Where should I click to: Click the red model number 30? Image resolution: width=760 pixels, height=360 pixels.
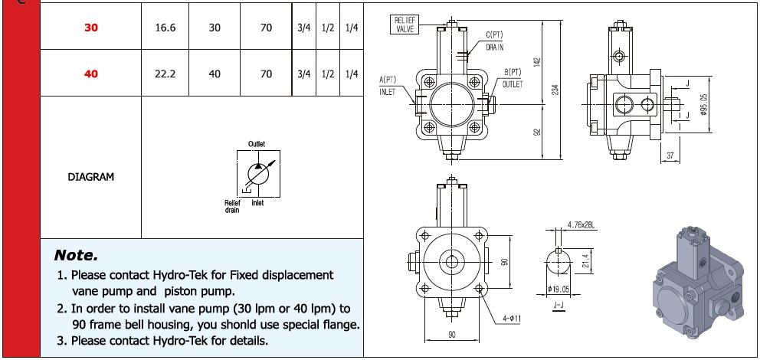(x=91, y=28)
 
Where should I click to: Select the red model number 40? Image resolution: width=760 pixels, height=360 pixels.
(x=91, y=74)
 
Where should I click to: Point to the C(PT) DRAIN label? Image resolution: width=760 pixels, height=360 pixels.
(x=494, y=41)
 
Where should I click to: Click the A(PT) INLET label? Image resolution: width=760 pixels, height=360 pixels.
(x=388, y=85)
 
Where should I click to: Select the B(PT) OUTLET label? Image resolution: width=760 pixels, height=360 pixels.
(x=513, y=78)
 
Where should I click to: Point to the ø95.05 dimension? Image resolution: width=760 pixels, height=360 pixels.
(x=703, y=106)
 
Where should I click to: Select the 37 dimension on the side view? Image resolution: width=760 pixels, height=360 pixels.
(x=670, y=156)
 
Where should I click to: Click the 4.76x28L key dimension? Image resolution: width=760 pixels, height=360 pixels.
(x=582, y=225)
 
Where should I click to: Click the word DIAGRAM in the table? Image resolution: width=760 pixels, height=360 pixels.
(x=91, y=177)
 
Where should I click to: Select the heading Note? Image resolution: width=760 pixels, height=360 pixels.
(x=77, y=254)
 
